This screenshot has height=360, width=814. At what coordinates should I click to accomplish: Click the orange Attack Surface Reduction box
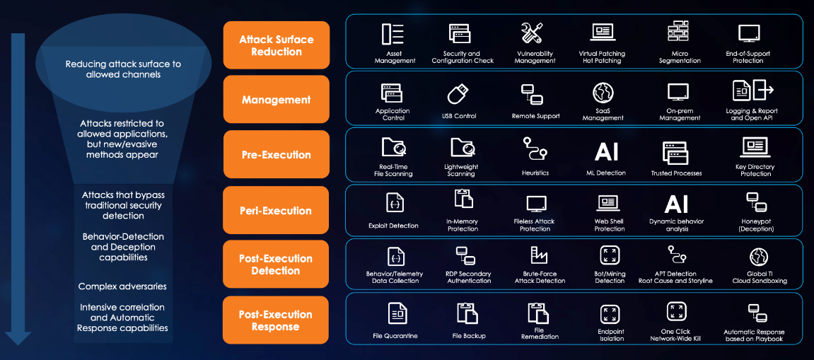click(276, 45)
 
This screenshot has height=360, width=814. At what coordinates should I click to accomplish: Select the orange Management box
click(276, 100)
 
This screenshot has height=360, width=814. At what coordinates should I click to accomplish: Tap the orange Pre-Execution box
click(276, 155)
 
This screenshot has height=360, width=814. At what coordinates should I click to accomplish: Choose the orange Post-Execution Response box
click(276, 320)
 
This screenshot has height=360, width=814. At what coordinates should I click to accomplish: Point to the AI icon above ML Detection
click(606, 151)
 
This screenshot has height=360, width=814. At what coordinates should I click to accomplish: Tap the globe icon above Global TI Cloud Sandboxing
click(758, 256)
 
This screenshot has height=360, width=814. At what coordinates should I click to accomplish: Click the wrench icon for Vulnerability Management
click(532, 33)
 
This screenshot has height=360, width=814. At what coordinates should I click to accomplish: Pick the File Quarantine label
click(395, 336)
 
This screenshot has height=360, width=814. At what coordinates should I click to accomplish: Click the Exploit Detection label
click(393, 226)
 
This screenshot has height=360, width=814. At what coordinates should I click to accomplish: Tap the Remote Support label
click(535, 116)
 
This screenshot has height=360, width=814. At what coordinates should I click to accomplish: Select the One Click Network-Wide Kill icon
click(675, 311)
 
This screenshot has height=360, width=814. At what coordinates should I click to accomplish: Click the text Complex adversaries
click(122, 286)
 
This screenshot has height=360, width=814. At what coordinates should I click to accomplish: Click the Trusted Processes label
click(676, 173)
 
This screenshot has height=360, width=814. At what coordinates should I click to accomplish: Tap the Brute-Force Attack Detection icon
click(539, 255)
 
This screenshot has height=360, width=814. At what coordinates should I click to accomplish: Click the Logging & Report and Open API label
click(752, 115)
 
